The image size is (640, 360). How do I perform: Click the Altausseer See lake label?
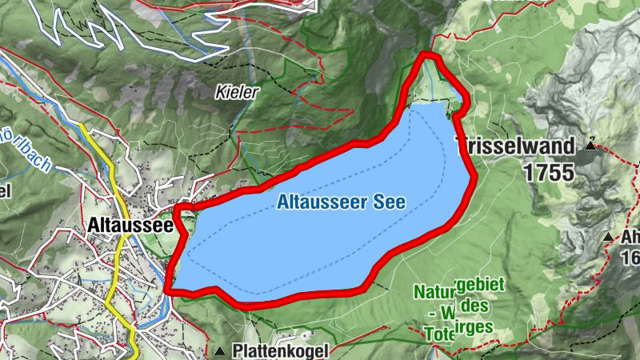click(341, 202)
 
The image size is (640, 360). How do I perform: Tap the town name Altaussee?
click(133, 226)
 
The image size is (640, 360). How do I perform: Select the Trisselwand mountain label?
click(515, 146)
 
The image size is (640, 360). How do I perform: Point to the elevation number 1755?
click(550, 171)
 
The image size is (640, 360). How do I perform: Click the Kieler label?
click(238, 93)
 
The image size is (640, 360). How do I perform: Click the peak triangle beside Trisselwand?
click(591, 144)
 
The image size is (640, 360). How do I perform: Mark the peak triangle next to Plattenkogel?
click(220, 351)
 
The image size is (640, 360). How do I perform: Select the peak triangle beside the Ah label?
click(609, 237)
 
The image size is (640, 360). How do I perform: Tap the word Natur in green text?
click(433, 292)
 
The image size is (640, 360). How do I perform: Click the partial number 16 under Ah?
click(630, 257)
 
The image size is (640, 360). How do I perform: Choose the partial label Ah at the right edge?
click(630, 238)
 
